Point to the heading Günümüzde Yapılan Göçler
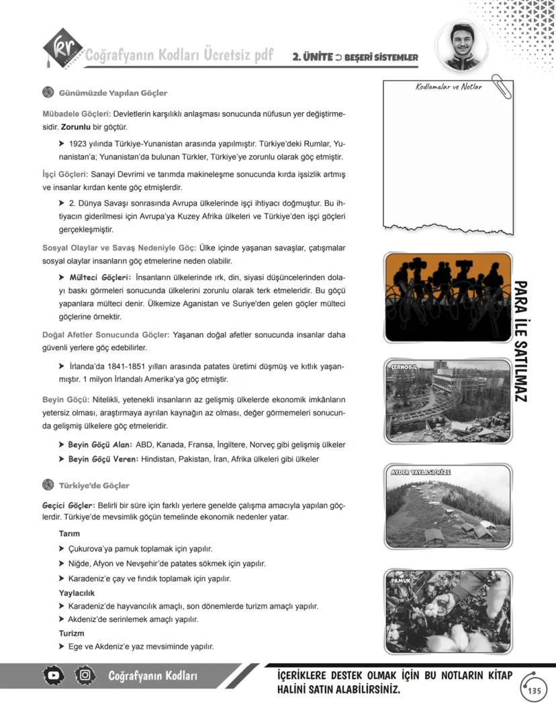point(113,93)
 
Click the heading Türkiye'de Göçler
point(94,485)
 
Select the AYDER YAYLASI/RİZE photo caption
point(420,472)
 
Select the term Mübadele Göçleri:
point(76,113)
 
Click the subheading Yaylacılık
point(77,593)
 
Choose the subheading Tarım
point(70,533)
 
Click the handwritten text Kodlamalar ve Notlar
point(449,87)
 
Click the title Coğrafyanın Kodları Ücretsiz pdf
point(179,55)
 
